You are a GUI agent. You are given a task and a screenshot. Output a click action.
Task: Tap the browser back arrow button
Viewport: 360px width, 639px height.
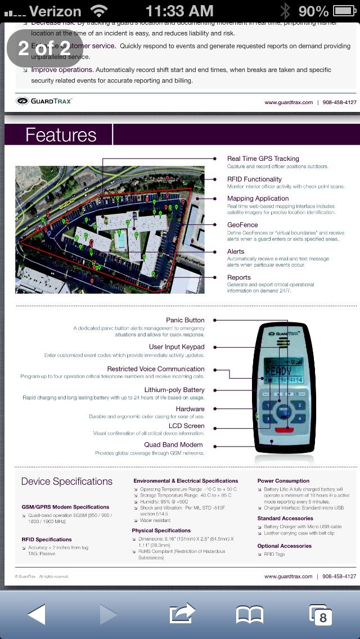[37, 614]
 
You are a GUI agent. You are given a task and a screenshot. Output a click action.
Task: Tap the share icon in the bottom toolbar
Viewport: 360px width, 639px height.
[182, 614]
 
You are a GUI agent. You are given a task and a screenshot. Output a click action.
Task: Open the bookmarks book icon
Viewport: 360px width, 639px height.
[250, 614]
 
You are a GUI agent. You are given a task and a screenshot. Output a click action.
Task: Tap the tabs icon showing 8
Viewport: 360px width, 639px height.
[321, 615]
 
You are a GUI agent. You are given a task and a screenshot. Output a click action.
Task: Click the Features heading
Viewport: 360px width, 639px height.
[61, 135]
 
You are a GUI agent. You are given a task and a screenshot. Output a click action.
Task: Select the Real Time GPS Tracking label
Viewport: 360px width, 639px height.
[263, 159]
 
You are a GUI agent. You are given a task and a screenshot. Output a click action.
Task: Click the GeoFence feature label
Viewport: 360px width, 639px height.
[242, 224]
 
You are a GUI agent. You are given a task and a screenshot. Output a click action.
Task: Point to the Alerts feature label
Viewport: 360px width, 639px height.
[236, 251]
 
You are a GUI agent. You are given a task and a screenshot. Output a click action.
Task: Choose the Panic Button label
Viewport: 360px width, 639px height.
[185, 320]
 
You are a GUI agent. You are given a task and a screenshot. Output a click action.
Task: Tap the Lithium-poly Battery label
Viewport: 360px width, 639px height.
[174, 390]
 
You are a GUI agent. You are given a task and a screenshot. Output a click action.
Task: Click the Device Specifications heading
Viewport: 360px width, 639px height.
[67, 481]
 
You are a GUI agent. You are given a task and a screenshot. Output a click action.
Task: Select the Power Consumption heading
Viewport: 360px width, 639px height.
[283, 481]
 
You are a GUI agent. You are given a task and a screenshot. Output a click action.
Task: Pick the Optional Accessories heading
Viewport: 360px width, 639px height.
[284, 546]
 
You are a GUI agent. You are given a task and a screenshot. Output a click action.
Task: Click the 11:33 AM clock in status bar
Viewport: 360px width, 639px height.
[179, 11]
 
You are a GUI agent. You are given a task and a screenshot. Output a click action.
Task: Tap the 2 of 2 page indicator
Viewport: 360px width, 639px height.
[44, 48]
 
